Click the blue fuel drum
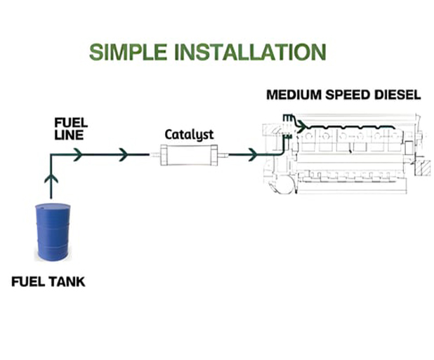pos(53,232)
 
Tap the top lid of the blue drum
pos(53,207)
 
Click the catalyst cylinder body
pos(186,154)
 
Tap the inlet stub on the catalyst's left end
pos(155,154)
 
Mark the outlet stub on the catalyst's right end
pos(218,154)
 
